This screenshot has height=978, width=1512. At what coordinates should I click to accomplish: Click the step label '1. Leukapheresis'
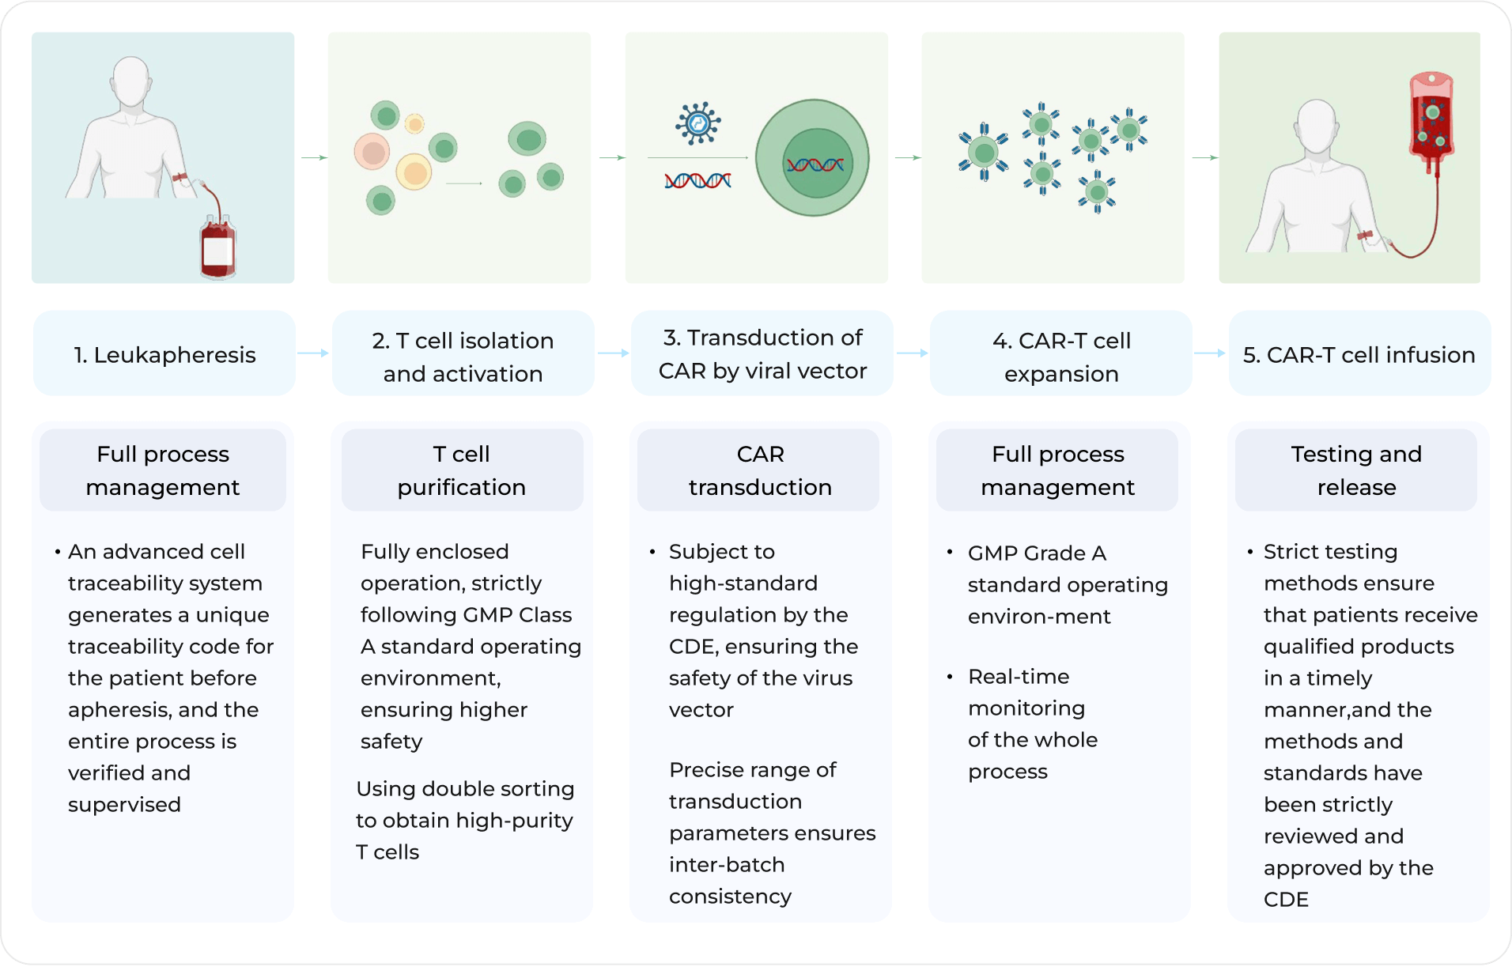pyautogui.click(x=164, y=355)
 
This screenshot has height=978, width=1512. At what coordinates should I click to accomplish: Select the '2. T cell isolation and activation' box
pyautogui.click(x=463, y=357)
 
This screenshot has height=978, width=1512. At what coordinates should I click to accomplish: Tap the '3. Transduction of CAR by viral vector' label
pyautogui.click(x=762, y=353)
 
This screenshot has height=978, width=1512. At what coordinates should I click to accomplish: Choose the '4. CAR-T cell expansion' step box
pyautogui.click(x=1061, y=357)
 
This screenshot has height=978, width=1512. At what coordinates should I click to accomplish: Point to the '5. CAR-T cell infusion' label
pyautogui.click(x=1359, y=355)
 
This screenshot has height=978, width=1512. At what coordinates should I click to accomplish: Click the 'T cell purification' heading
pyautogui.click(x=462, y=470)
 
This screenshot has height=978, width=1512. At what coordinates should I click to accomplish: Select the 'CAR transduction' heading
pyautogui.click(x=759, y=470)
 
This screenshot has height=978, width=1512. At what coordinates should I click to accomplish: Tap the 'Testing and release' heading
pyautogui.click(x=1355, y=470)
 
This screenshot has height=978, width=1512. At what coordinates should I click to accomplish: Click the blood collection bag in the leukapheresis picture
pyautogui.click(x=218, y=248)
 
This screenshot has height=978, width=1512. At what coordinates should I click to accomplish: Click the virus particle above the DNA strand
pyautogui.click(x=697, y=123)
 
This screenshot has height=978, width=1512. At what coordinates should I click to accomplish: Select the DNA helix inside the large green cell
pyautogui.click(x=815, y=164)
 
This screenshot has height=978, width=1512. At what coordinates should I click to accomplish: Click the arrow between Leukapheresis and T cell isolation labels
pyautogui.click(x=313, y=353)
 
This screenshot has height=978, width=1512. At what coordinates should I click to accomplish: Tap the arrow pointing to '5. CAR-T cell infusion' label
pyautogui.click(x=1210, y=353)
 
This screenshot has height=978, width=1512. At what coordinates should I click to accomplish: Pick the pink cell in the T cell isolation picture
pyautogui.click(x=372, y=152)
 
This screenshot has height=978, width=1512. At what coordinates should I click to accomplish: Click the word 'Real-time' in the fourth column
pyautogui.click(x=1019, y=677)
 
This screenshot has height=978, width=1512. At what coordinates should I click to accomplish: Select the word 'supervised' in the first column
pyautogui.click(x=124, y=805)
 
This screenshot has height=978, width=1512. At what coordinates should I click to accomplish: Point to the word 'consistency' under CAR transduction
pyautogui.click(x=730, y=897)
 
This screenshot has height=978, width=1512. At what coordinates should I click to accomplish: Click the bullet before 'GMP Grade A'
pyautogui.click(x=950, y=552)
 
